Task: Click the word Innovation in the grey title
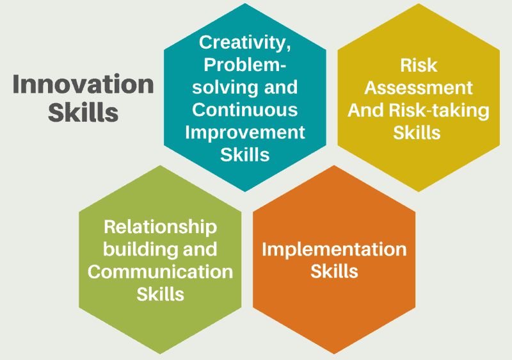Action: click(83, 84)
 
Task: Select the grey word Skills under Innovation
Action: click(83, 112)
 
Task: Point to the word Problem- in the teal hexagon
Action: click(245, 65)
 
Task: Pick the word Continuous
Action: click(245, 110)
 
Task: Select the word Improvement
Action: click(245, 133)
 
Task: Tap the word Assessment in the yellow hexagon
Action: click(419, 88)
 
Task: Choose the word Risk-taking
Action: click(439, 111)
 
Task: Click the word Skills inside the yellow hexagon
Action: click(417, 133)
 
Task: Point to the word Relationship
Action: click(161, 227)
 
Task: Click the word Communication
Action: click(161, 272)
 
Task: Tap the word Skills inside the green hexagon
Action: click(161, 294)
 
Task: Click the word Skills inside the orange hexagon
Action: click(334, 271)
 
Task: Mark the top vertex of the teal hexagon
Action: click(245, 3)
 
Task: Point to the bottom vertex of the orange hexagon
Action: click(334, 354)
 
